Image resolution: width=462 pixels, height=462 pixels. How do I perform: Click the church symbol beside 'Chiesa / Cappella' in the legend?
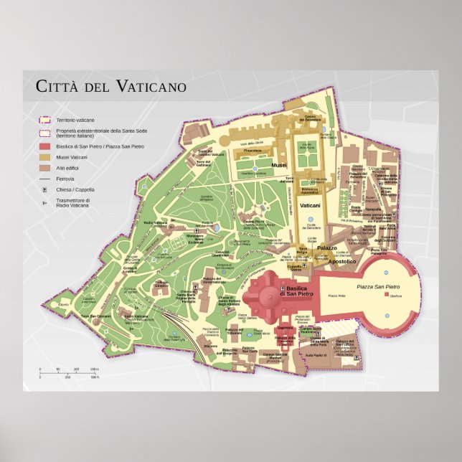[x=44, y=189]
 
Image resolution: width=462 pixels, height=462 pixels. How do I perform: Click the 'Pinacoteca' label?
[x=252, y=151]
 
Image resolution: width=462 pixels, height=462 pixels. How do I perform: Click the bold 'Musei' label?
[x=279, y=165]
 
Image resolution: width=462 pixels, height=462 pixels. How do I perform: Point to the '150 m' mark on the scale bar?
[x=93, y=369]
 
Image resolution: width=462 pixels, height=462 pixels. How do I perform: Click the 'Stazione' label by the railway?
[x=210, y=346]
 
